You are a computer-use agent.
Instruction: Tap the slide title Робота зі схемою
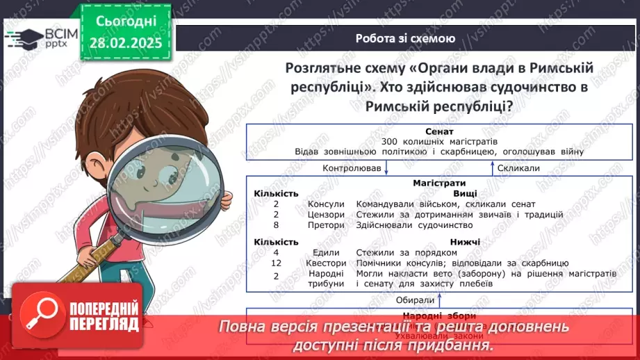click(x=405, y=39)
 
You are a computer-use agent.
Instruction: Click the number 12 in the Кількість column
click(x=276, y=263)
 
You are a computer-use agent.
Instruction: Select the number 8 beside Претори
click(x=276, y=225)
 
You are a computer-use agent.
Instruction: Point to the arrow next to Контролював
click(x=386, y=168)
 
